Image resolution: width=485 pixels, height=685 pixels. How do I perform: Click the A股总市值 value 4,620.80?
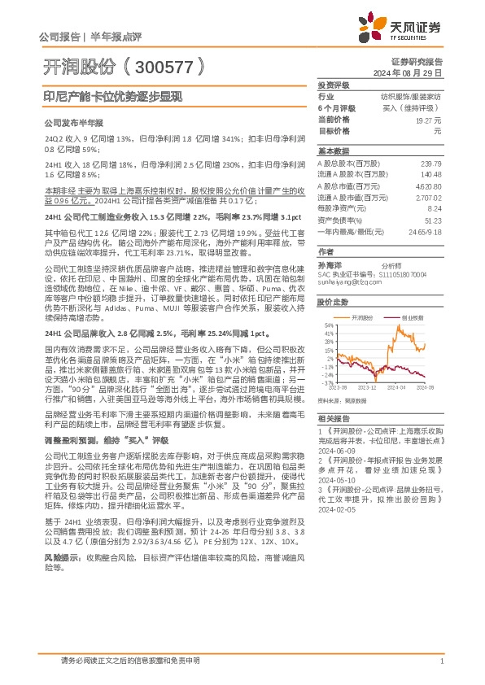point(428,185)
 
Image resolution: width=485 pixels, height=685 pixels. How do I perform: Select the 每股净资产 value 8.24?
point(434,208)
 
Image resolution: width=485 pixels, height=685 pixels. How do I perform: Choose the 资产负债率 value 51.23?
point(431,220)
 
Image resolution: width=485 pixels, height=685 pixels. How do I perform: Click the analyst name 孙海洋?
point(327,265)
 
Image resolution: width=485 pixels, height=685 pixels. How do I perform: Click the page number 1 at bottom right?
point(440,661)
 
